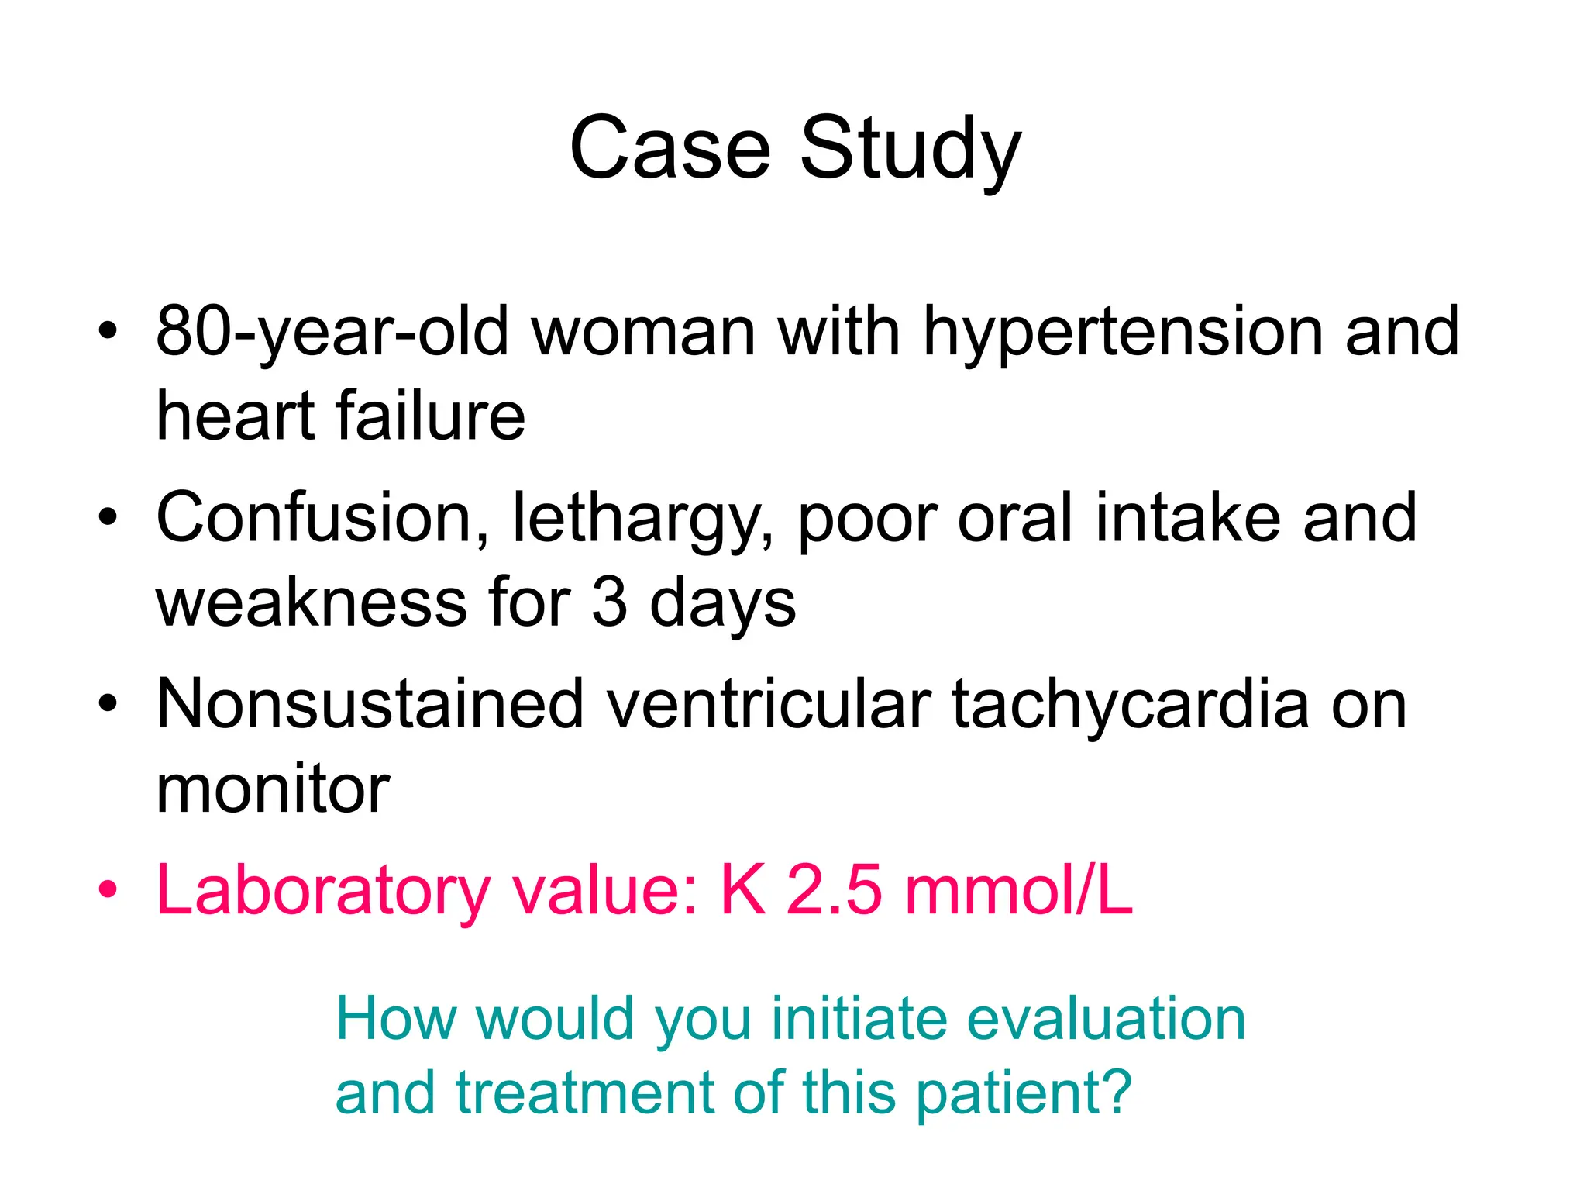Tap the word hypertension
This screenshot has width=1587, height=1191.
(1122, 333)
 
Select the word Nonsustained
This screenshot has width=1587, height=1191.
(370, 705)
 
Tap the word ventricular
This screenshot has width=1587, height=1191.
(768, 705)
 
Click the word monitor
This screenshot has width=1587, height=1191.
(273, 789)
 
